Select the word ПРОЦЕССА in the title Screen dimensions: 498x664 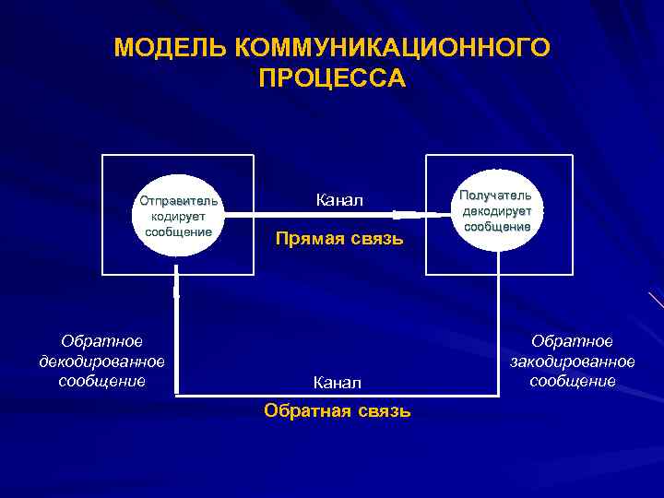(332, 77)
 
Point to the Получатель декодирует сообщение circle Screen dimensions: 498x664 (497, 210)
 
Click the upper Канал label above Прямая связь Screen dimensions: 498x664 (339, 200)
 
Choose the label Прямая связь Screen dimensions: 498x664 (339, 240)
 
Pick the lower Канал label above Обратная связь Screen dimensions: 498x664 (337, 382)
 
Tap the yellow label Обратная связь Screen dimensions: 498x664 (337, 410)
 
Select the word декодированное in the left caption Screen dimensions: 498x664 (101, 361)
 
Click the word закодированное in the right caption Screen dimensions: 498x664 (573, 361)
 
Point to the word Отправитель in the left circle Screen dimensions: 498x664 (179, 200)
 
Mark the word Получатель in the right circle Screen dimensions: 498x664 (496, 196)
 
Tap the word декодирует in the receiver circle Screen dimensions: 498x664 (497, 211)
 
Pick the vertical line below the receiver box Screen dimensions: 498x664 (499, 332)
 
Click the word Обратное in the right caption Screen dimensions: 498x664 (573, 342)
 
